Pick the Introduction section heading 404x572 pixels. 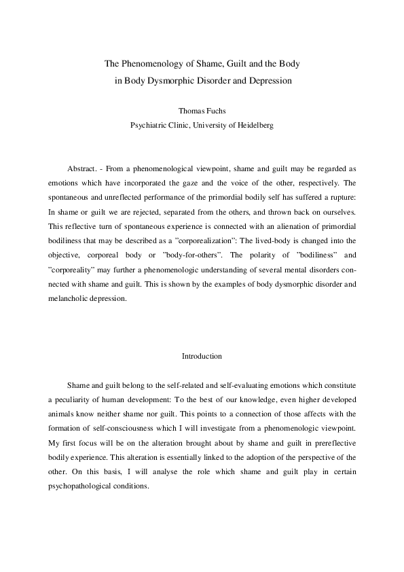pyautogui.click(x=202, y=355)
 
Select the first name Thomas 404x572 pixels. pyautogui.click(x=189, y=109)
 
